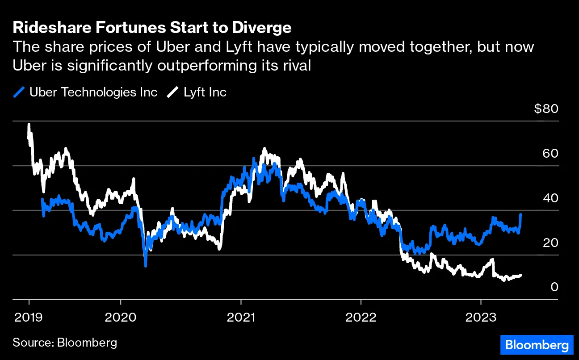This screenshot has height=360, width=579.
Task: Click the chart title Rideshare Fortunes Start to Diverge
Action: tap(152, 28)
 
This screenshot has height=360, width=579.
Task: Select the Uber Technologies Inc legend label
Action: tap(93, 92)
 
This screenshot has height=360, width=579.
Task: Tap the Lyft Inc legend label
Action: tap(205, 92)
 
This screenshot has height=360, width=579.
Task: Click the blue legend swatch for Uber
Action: tap(19, 92)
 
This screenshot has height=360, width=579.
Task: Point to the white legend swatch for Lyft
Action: tap(172, 92)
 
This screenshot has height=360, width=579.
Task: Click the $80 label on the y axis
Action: tap(546, 109)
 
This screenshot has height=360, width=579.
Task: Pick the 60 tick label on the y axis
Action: tap(550, 154)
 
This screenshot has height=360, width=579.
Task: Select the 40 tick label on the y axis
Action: tap(550, 198)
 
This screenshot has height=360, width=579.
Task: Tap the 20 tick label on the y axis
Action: tap(550, 243)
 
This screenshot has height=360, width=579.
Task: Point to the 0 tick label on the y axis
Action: tap(554, 287)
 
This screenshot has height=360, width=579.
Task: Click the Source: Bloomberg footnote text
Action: tap(65, 343)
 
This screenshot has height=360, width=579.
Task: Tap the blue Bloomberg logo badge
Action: tap(536, 345)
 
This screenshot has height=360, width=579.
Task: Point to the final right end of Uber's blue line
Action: tap(521, 215)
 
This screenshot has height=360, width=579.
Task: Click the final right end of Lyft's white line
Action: tap(521, 275)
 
